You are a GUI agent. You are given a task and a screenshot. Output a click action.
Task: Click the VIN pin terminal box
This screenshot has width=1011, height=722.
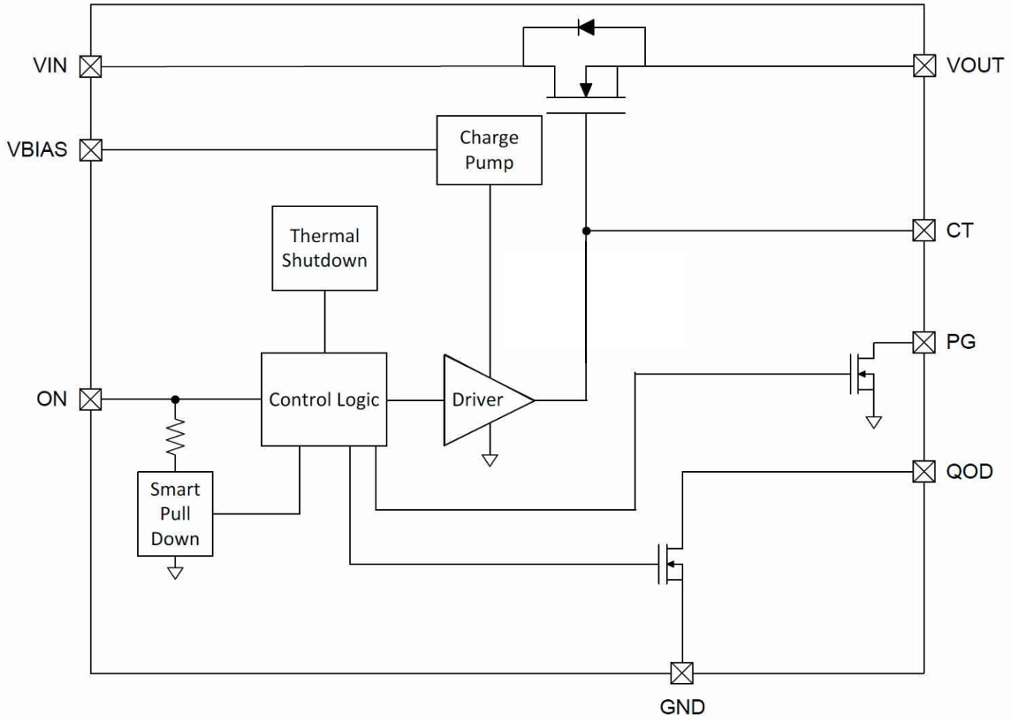[91, 66]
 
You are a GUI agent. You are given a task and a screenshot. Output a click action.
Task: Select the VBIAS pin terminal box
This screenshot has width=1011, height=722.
[91, 149]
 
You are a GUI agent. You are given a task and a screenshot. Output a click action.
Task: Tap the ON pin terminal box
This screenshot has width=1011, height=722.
[91, 399]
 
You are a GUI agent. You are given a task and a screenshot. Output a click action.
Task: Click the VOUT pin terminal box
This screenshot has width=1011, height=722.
[924, 66]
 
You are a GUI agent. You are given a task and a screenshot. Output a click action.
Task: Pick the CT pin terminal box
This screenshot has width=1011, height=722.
[924, 231]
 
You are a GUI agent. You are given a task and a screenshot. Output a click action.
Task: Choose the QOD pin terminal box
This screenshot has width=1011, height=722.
[924, 471]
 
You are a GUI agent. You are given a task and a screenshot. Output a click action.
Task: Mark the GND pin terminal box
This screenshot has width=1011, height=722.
[681, 673]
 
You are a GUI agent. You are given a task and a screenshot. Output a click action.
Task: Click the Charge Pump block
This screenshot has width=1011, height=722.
[489, 150]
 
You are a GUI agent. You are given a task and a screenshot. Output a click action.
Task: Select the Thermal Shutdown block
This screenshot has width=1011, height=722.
[324, 248]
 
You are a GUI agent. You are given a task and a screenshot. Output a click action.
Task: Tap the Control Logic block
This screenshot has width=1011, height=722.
[323, 399]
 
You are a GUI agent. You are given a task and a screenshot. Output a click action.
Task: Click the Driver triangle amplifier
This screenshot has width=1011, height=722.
[483, 399]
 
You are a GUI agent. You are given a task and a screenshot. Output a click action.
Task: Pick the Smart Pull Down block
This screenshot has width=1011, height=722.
[175, 513]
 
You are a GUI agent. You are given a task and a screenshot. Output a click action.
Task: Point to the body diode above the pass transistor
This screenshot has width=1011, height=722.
[585, 27]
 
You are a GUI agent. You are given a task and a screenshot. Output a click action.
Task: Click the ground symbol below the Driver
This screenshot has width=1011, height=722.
[489, 460]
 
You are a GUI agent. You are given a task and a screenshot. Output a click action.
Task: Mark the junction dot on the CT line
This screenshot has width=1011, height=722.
[585, 231]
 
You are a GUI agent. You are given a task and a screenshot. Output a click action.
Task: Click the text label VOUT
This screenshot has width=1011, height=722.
[974, 65]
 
